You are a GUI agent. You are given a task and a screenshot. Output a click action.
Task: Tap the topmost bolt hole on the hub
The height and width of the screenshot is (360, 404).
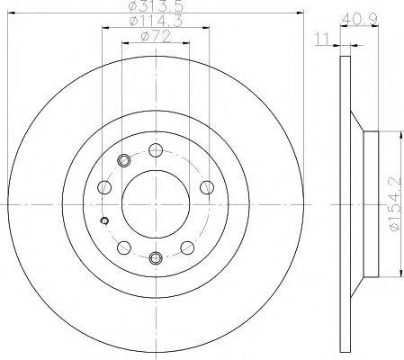click(x=155, y=149)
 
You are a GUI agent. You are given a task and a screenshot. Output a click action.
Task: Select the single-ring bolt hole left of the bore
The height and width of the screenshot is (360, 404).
click(x=104, y=188)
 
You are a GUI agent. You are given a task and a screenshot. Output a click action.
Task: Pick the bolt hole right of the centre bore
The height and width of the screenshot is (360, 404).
click(x=206, y=187)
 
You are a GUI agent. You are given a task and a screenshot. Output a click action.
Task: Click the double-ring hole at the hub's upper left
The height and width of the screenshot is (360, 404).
click(x=123, y=160)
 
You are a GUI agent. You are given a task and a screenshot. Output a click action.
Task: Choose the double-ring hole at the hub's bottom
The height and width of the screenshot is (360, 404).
click(x=155, y=259)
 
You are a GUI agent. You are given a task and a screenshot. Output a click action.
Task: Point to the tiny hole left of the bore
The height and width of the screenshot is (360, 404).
click(x=104, y=222)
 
